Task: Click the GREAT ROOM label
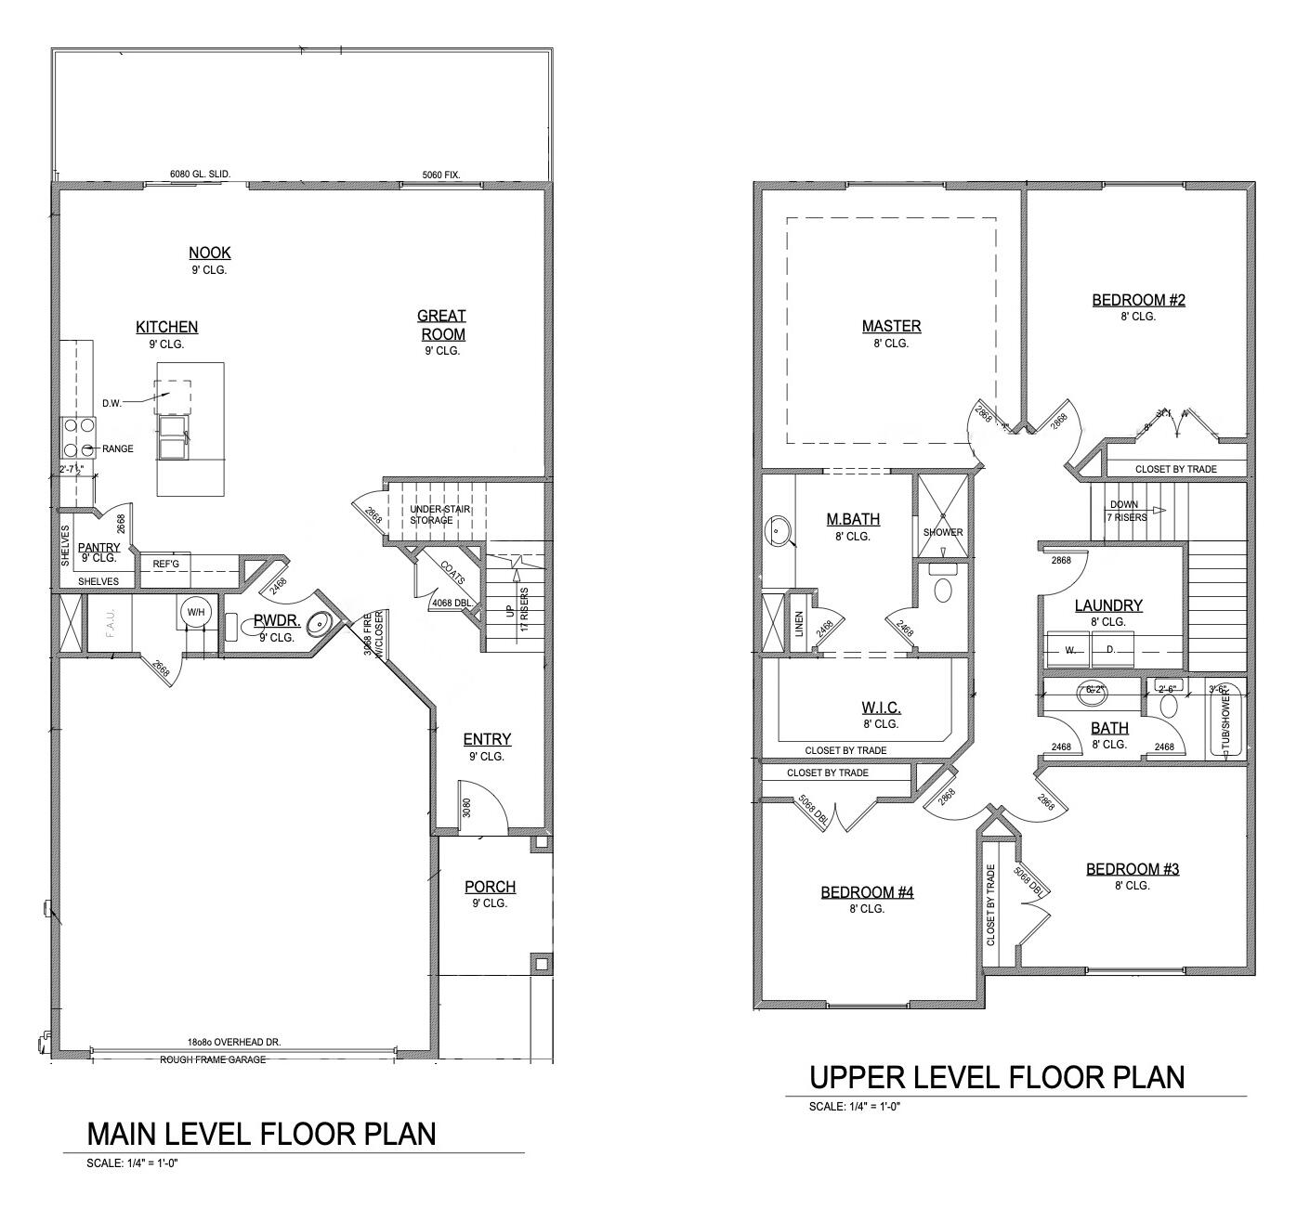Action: click(441, 325)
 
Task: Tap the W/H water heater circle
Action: click(195, 611)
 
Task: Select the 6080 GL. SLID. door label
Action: click(200, 174)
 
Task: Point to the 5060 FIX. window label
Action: click(441, 174)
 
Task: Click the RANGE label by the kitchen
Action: click(118, 448)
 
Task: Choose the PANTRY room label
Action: click(98, 548)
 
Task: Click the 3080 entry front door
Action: click(467, 808)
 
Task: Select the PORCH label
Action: click(490, 887)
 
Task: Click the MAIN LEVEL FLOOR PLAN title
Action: click(261, 1134)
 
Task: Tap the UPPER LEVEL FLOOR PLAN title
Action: click(997, 1077)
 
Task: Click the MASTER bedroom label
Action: click(891, 326)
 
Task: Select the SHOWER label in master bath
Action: click(943, 532)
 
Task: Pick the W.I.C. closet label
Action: click(880, 708)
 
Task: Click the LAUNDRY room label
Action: click(1108, 605)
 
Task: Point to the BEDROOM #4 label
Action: click(867, 892)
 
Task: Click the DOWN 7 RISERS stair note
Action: click(1127, 511)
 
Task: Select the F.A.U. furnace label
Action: click(99, 625)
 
